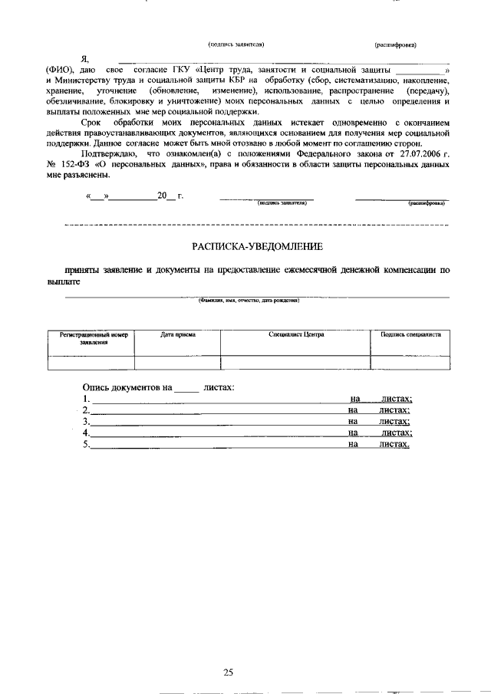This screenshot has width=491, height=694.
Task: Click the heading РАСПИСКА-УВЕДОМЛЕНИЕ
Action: point(257,246)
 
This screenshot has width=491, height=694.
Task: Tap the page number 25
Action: point(228,651)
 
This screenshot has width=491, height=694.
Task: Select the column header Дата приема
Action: point(178,335)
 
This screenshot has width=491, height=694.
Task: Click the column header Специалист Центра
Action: point(296,335)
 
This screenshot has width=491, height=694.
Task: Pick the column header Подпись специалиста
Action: point(410,335)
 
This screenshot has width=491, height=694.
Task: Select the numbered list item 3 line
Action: point(215,421)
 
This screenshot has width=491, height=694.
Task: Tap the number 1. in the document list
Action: point(86,399)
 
